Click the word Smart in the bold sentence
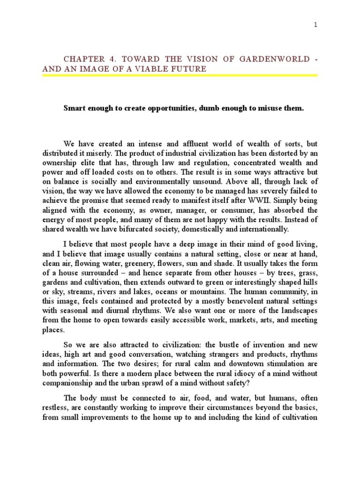[74, 108]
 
